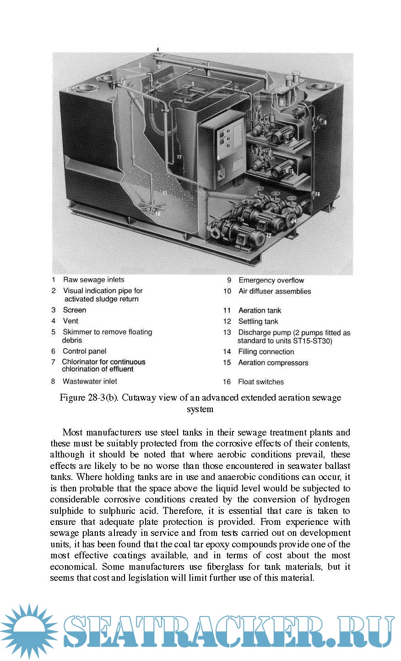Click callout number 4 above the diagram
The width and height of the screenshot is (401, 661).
(x=158, y=49)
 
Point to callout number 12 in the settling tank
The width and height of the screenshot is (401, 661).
(x=179, y=157)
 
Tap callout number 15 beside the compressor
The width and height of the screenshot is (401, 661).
(x=291, y=171)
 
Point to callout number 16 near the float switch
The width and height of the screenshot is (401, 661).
(x=317, y=194)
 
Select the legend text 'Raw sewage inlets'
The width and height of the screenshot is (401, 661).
(x=93, y=280)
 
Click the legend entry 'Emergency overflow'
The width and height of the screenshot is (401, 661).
(x=271, y=280)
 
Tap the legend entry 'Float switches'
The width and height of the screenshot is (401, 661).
(x=260, y=382)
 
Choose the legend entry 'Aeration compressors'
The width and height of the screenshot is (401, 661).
(x=273, y=363)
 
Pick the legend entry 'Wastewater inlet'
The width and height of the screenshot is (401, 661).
(x=90, y=381)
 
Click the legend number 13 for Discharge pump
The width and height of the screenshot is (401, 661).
(x=227, y=332)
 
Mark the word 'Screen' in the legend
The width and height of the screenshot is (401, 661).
(x=74, y=310)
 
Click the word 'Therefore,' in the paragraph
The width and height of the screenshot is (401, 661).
(x=183, y=511)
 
